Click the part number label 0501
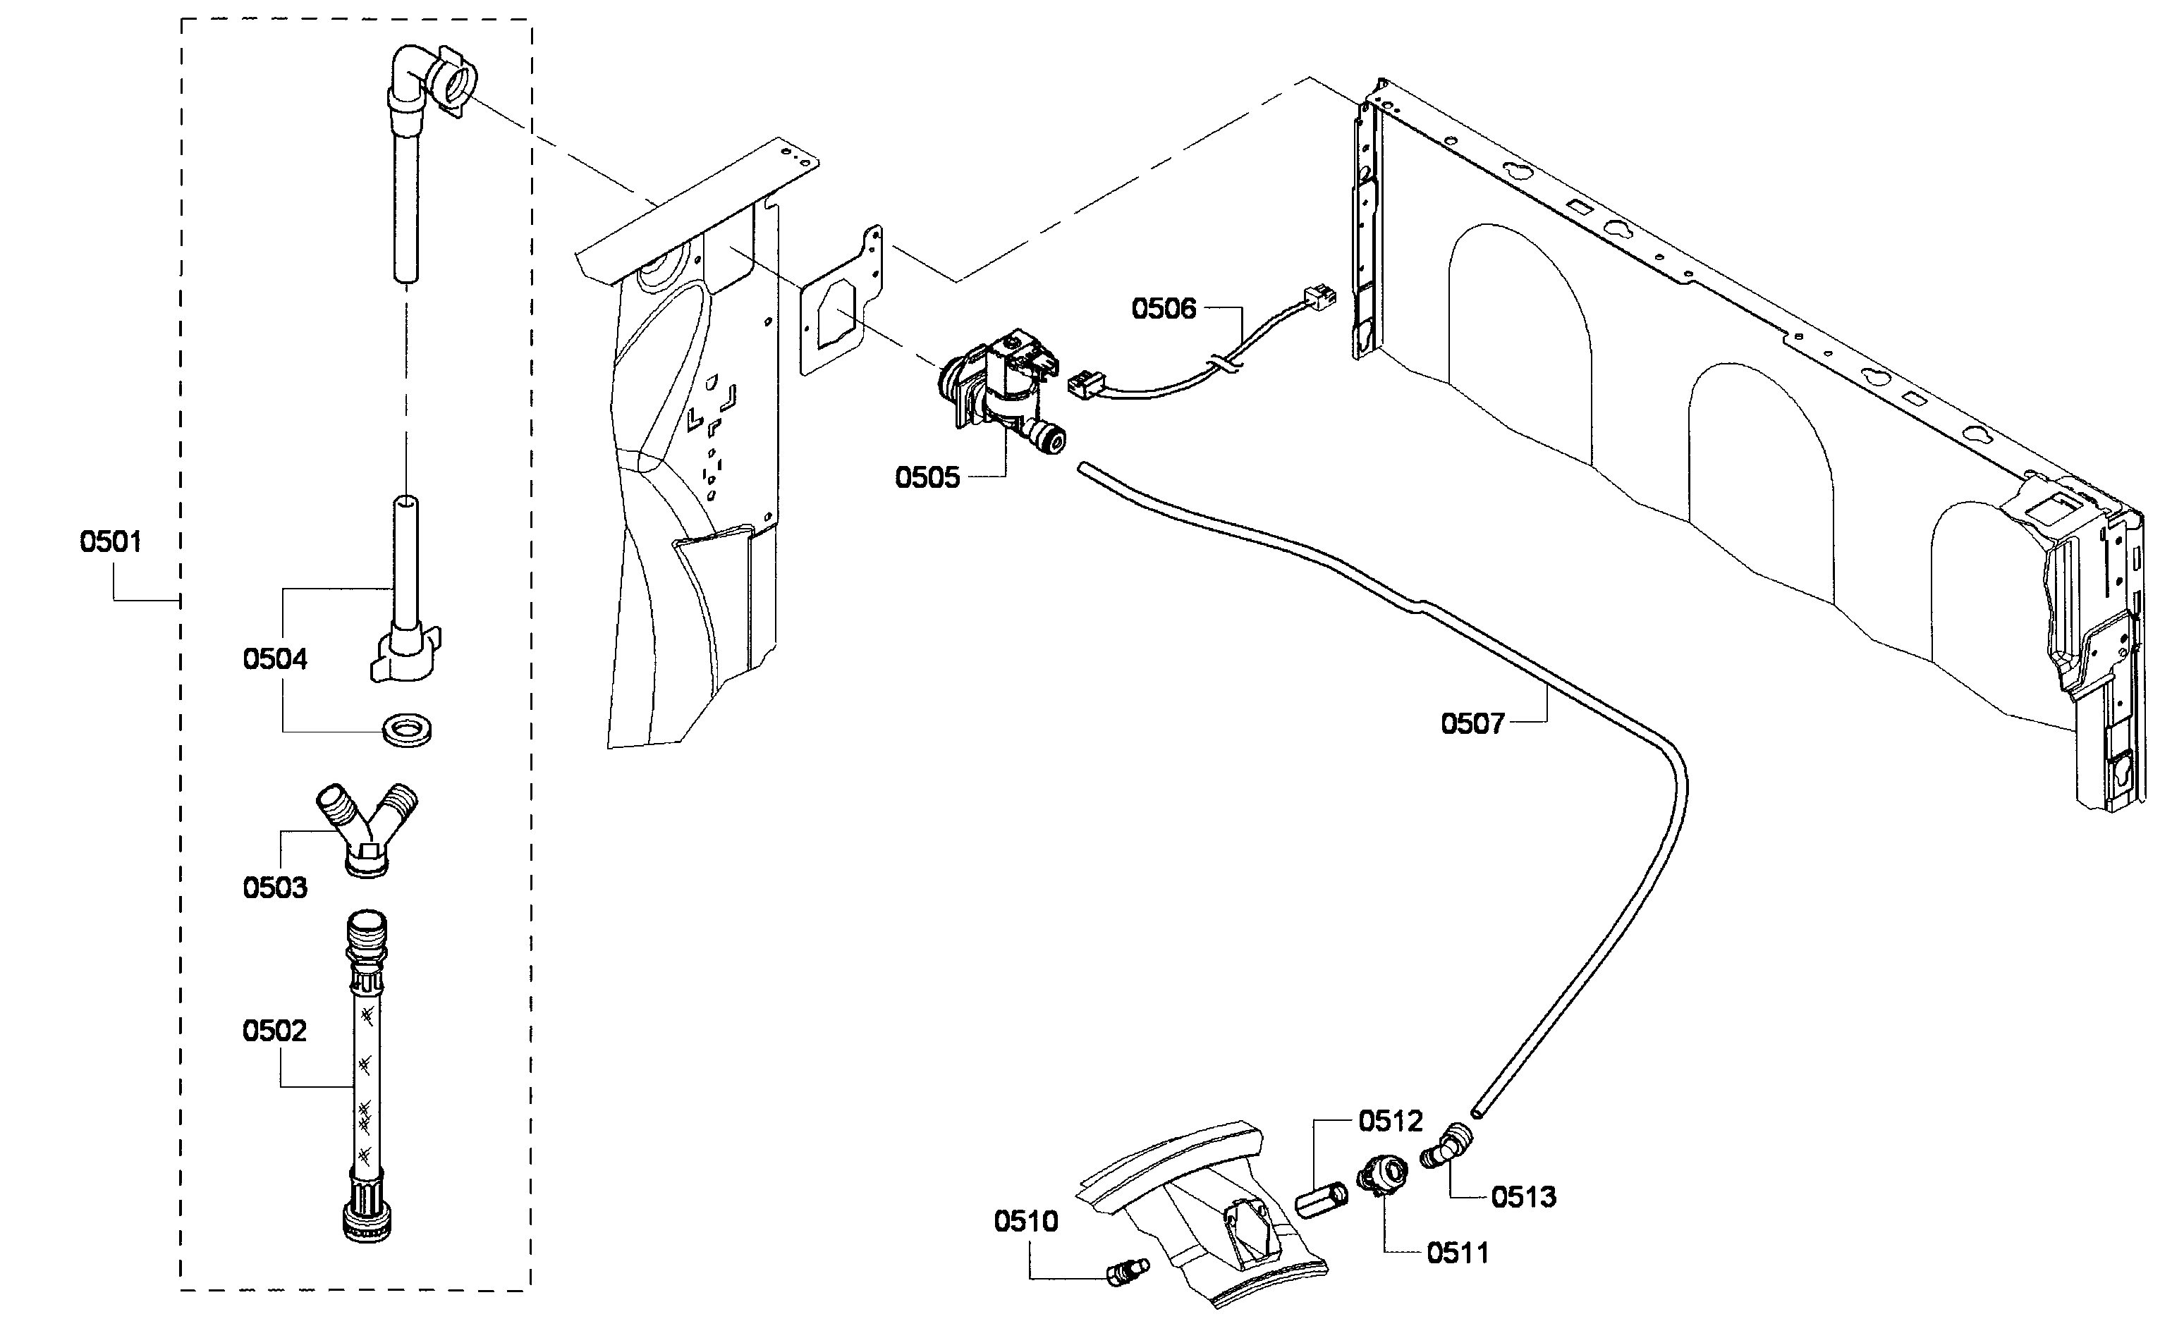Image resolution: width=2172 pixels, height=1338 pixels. click(x=111, y=541)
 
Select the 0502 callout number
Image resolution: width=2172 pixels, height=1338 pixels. click(x=274, y=1031)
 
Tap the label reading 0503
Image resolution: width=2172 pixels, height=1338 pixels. click(x=274, y=888)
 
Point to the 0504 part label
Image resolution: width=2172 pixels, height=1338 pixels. click(x=274, y=659)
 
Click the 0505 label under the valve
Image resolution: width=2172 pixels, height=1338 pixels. click(x=927, y=478)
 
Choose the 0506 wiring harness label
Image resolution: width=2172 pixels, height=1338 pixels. click(x=1163, y=309)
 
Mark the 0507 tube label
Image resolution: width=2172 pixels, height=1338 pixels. click(x=1472, y=724)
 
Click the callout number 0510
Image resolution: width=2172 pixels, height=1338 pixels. click(x=1026, y=1222)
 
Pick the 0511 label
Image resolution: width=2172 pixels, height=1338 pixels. click(x=1457, y=1253)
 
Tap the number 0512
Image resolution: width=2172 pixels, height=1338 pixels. click(x=1391, y=1121)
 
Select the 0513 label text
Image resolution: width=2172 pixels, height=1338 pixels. click(x=1523, y=1197)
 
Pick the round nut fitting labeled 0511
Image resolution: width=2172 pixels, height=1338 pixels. click(x=1382, y=1178)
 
